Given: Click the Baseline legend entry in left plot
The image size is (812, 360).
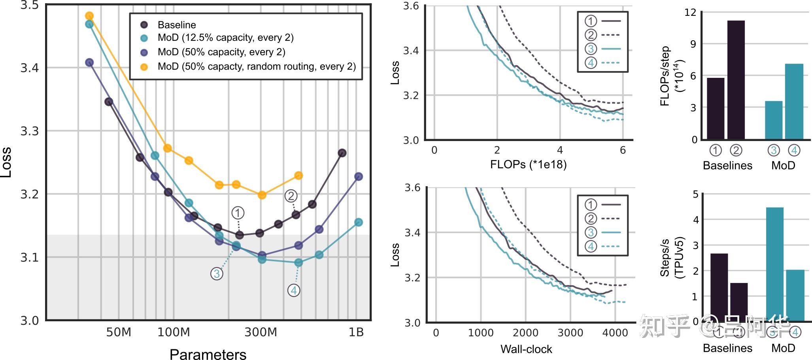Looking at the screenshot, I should coord(176,25).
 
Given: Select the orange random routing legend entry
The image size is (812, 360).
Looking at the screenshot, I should coord(256,66).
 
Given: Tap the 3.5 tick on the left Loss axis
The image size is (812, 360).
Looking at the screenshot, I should coord(30,6).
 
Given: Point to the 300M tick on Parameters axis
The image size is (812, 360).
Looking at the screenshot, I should coord(261,332).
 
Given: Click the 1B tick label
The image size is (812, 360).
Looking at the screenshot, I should coord(356,332).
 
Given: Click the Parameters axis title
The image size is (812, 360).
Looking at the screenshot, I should coord(208,354).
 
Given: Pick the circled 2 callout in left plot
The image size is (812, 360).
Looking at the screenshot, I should coord(291,196).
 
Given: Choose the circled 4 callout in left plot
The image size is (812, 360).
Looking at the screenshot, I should coord(294,290).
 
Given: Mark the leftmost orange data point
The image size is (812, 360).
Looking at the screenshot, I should coord(89,16).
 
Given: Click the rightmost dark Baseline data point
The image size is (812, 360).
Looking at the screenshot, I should coord(342,153).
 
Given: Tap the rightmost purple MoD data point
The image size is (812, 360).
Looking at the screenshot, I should coord(359,177).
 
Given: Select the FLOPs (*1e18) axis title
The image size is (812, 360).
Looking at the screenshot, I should coord(528,164).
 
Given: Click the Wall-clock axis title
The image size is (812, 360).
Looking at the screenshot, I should coord(526,349).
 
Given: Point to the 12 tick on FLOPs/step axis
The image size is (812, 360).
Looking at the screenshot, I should coord(690,12).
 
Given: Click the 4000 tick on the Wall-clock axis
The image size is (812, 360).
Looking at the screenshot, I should coord(615,333).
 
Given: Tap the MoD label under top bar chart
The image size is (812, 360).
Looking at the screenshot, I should coord(783,165).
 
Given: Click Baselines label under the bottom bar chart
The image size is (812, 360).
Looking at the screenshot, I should coord(727,348).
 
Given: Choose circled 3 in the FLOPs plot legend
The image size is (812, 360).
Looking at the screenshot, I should coord(591,49).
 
